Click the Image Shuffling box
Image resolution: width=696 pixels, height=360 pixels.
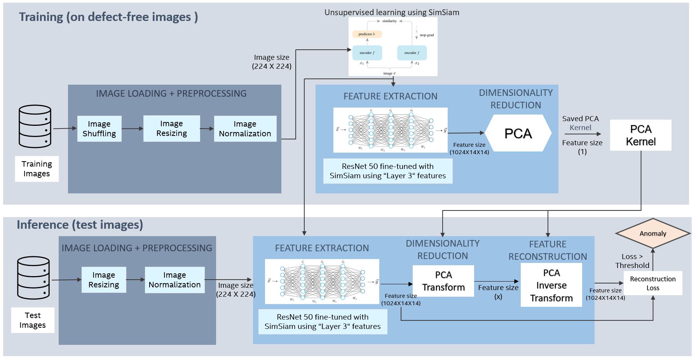point(99,129)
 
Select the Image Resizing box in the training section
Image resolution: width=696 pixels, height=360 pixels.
point(171,129)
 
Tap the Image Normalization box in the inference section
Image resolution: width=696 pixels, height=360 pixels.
point(174,280)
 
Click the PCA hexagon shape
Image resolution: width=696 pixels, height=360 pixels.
point(518,133)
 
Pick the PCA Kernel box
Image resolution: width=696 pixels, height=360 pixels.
point(640,135)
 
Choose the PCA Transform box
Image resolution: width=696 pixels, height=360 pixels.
point(443,281)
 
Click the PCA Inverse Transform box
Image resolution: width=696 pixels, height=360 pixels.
point(551,285)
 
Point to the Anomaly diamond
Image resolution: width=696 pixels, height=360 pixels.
point(653,233)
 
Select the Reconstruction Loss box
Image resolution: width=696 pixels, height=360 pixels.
point(652,283)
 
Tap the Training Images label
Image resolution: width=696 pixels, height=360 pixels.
point(37,169)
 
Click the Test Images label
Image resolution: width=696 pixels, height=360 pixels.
point(33,320)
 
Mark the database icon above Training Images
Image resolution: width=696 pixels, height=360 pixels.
point(35,126)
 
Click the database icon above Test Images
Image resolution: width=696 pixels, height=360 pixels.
point(33,277)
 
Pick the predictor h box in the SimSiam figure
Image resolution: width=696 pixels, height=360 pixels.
point(367,34)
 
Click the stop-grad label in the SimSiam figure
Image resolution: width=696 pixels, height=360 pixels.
point(426,35)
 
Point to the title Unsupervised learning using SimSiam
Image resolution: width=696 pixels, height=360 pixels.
point(392,12)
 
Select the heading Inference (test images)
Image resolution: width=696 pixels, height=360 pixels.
point(80,224)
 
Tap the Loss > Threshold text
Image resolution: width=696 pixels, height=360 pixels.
point(632,261)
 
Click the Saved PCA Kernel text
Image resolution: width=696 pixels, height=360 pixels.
point(580,123)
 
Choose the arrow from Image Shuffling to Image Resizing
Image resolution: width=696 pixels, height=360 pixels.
point(132,129)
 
